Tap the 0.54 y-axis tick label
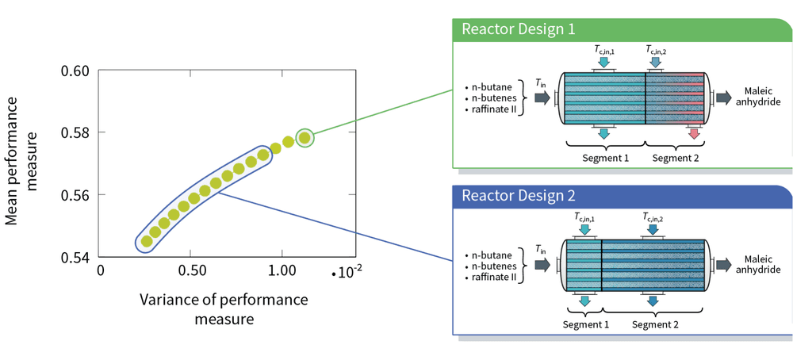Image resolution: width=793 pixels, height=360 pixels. pos(75,257)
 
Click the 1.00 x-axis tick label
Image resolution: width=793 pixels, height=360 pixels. pos(281,270)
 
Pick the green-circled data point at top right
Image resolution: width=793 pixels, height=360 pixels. pos(305,137)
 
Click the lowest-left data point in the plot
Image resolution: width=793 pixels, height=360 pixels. pos(147,241)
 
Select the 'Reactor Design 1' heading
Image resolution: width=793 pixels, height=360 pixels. pos(519,29)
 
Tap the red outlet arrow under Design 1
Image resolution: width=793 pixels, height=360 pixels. pos(693,133)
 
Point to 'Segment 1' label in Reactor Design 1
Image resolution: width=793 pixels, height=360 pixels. pos(605,159)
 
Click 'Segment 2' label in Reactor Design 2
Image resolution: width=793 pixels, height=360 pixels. pos(656,324)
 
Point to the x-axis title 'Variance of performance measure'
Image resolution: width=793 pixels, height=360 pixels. pos(224,309)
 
